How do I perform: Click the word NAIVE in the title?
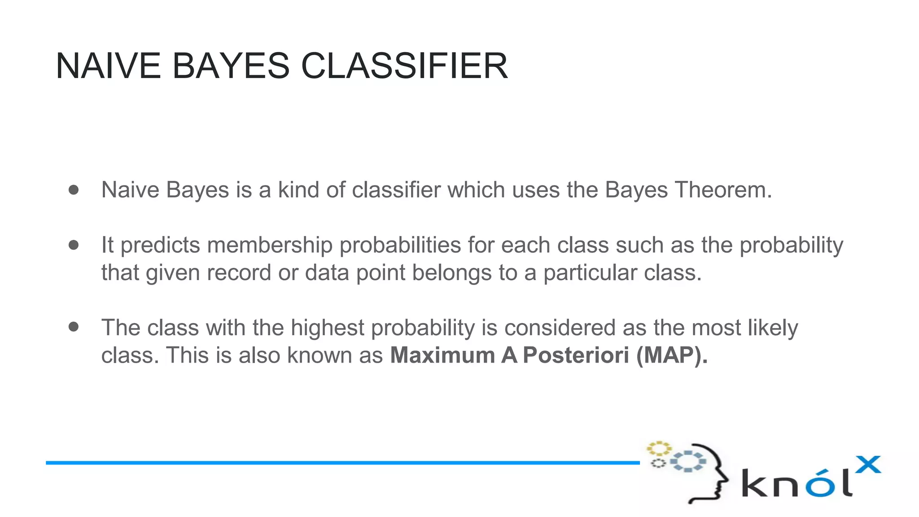(x=108, y=66)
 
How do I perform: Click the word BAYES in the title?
(x=231, y=66)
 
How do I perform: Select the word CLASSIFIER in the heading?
(x=404, y=66)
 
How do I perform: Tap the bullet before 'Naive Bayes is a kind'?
(x=74, y=190)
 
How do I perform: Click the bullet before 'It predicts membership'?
(x=74, y=245)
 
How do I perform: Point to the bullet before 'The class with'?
(x=74, y=327)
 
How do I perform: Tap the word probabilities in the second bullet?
(x=400, y=245)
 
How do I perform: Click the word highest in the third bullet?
(x=328, y=328)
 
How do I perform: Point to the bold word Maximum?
(x=442, y=355)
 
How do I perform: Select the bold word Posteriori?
(x=576, y=355)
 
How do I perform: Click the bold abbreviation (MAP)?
(x=671, y=355)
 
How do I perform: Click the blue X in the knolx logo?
(x=868, y=465)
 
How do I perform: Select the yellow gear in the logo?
(x=658, y=448)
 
